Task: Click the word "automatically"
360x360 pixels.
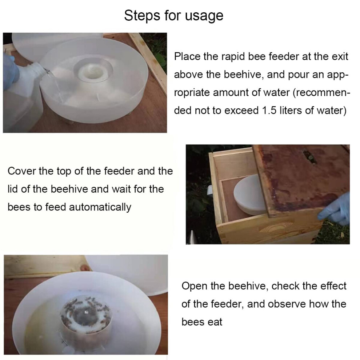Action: tap(100, 207)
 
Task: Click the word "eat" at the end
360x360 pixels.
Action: tap(215, 322)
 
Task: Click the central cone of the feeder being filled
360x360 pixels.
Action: tap(93, 70)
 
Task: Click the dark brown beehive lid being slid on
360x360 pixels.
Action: tap(301, 179)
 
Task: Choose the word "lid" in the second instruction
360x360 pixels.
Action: tap(13, 189)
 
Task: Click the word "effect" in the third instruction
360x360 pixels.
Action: tap(333, 286)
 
